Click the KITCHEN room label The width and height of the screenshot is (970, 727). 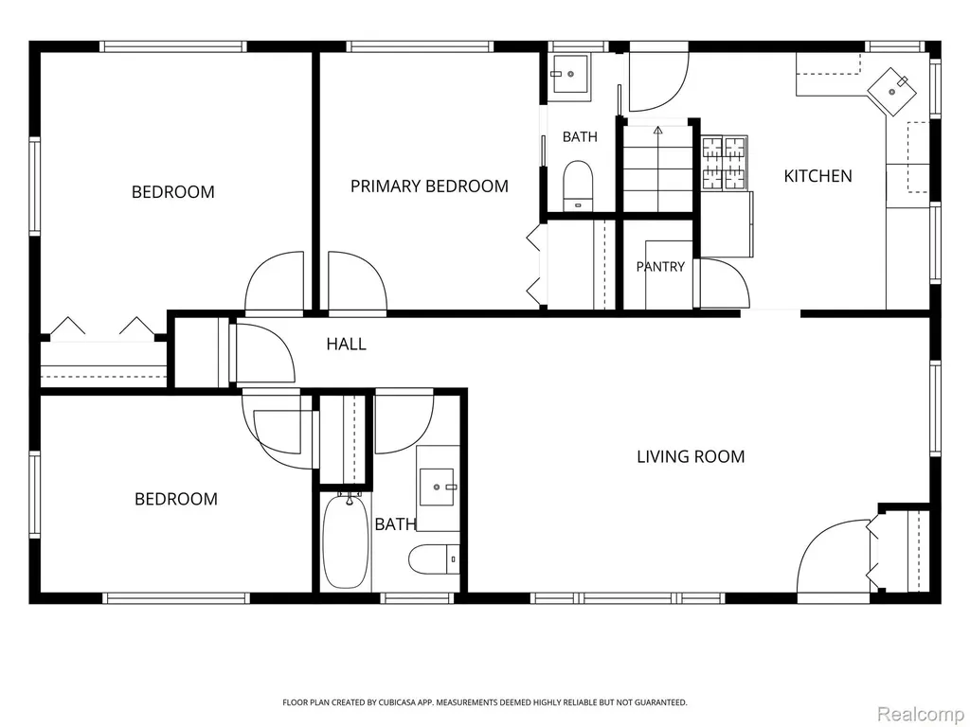[817, 176]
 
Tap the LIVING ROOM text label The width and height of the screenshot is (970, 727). [691, 457]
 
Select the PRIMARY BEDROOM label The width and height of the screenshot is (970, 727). [429, 186]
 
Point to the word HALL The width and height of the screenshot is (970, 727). [347, 344]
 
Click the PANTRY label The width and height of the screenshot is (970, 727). [660, 266]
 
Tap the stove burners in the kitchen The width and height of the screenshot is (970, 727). [725, 162]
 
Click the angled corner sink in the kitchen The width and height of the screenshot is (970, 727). [892, 91]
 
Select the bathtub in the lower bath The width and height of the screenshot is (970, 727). [345, 541]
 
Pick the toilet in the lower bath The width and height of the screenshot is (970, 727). [434, 559]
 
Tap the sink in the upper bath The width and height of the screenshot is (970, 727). [570, 74]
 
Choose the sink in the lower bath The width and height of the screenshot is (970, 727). [438, 488]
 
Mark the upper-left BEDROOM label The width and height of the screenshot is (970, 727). [173, 192]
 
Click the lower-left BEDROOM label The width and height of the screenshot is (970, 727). [176, 499]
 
